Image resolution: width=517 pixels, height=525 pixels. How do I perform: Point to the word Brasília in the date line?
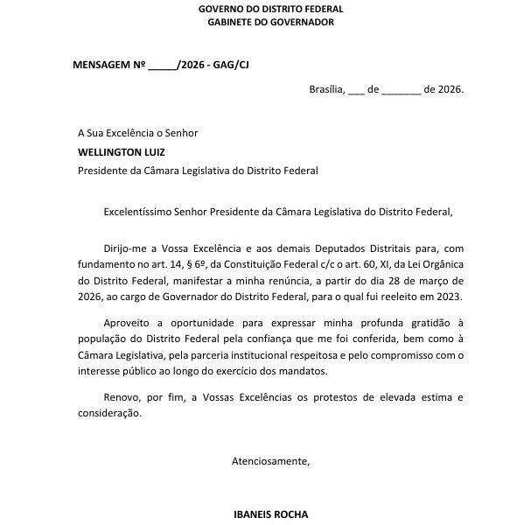click(327, 89)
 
